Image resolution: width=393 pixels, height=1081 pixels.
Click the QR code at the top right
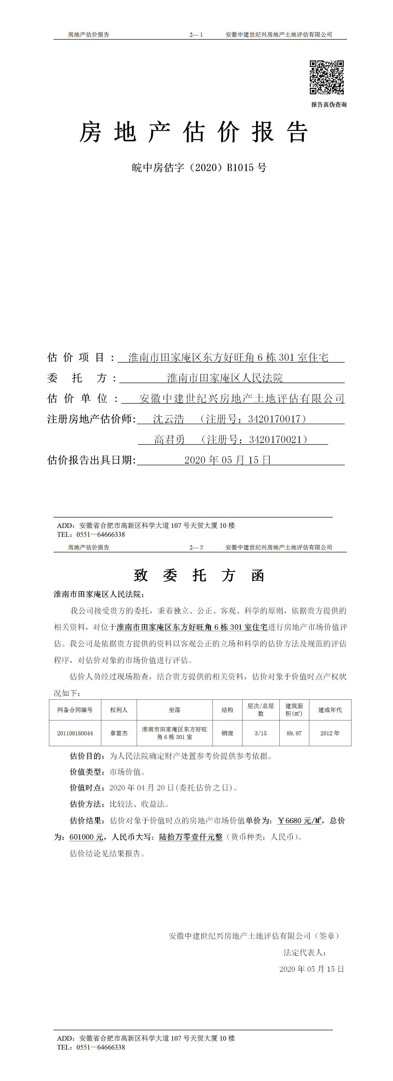click(x=327, y=77)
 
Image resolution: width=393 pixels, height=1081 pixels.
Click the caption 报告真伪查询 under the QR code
click(x=329, y=104)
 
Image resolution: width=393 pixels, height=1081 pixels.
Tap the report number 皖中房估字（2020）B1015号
click(x=199, y=168)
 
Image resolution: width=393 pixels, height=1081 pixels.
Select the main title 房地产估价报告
click(x=194, y=132)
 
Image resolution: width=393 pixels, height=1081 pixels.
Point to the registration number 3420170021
click(x=275, y=439)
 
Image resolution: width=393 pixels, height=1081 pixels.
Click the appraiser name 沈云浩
click(x=168, y=419)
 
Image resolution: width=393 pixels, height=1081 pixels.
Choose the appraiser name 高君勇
click(x=170, y=439)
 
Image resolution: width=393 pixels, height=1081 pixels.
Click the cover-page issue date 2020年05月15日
click(x=228, y=460)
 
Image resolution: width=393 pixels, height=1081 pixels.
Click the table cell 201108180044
click(x=75, y=733)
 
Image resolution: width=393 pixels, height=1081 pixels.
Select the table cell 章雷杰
click(x=119, y=733)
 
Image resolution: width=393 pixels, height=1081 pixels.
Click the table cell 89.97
click(x=294, y=733)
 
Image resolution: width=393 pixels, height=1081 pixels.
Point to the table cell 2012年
click(x=330, y=733)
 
